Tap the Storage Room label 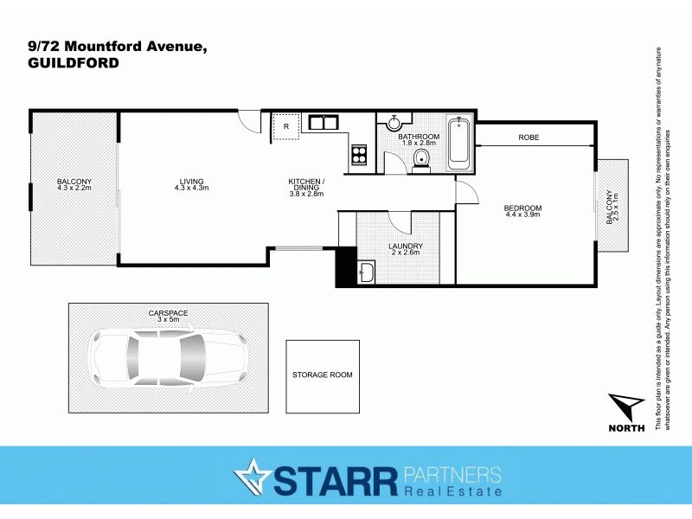tap(323, 375)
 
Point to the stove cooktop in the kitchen tap(359, 157)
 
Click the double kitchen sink tap(323, 122)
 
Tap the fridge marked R tap(285, 126)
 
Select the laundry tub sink tap(365, 274)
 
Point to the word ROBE tap(529, 138)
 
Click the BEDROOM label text tap(522, 208)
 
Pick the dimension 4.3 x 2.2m tap(74, 188)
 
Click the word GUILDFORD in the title tap(74, 63)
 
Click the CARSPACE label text tap(168, 312)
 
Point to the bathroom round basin tap(394, 123)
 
